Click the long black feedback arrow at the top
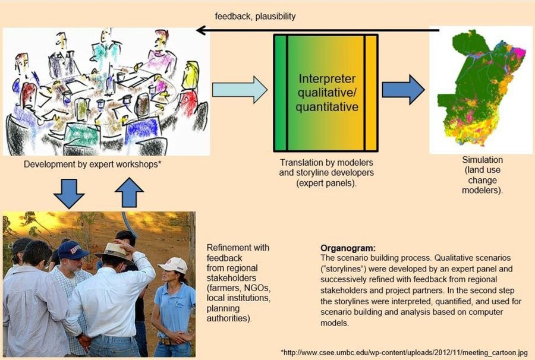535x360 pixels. (317, 30)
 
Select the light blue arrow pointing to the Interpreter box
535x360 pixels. (240, 90)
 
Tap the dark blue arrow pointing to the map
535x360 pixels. (403, 90)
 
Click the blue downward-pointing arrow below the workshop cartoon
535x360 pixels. (69, 194)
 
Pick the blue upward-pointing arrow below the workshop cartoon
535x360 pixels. (129, 192)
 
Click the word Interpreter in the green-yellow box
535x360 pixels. (327, 79)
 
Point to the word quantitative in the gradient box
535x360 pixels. (327, 107)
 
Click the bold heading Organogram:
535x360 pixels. (348, 248)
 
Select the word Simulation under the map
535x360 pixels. (482, 160)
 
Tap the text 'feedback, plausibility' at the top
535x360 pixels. (255, 17)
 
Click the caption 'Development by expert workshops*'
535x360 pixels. (92, 165)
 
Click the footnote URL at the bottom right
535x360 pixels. (404, 352)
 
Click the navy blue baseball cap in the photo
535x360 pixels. (73, 250)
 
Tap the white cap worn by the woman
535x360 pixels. (173, 265)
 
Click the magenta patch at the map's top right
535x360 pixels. (520, 53)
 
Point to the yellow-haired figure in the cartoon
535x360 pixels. (191, 75)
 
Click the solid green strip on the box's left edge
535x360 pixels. (281, 93)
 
